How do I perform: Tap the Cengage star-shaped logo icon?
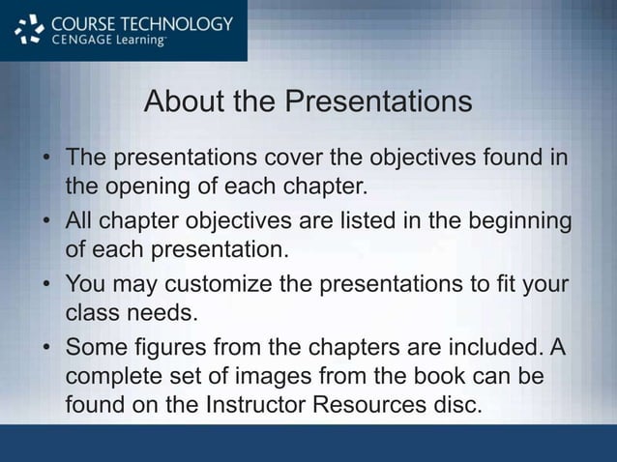[31, 31]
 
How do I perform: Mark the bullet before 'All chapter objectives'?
[46, 222]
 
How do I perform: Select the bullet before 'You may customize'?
[46, 286]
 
